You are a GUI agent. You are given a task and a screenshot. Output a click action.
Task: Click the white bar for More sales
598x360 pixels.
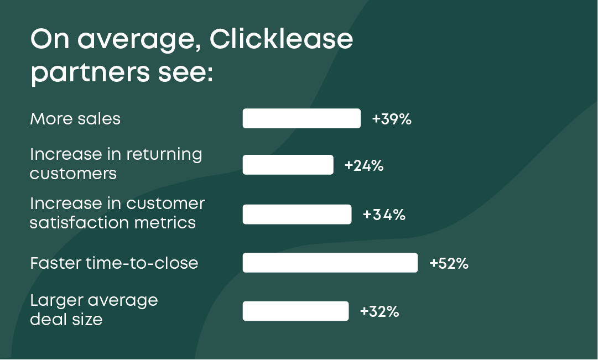(x=301, y=118)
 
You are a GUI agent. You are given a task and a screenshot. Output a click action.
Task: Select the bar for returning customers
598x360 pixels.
(x=288, y=165)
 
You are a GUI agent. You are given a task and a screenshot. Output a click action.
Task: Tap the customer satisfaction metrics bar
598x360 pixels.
(x=297, y=215)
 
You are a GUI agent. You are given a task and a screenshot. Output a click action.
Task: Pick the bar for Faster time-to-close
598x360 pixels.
(x=330, y=263)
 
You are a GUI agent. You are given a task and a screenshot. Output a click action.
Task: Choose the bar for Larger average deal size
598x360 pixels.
(x=295, y=311)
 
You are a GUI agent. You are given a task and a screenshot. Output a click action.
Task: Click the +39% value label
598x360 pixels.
(x=392, y=119)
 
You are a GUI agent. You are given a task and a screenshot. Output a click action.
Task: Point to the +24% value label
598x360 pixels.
(x=364, y=165)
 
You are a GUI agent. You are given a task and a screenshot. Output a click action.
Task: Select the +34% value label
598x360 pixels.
(x=384, y=215)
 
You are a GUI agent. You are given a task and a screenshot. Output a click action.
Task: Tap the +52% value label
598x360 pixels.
(x=449, y=263)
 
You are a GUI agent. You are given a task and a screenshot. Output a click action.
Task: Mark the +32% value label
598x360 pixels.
(x=379, y=311)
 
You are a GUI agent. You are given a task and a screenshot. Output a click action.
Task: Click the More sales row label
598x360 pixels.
(x=75, y=119)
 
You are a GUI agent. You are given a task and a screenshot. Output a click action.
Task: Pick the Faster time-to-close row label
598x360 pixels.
(x=114, y=263)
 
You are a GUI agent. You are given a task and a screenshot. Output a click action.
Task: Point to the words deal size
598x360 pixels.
(x=66, y=319)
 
